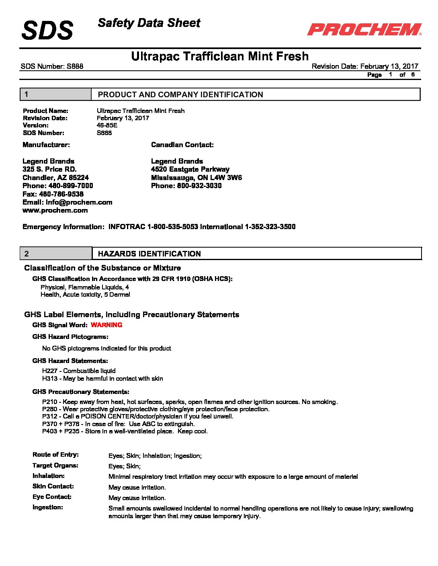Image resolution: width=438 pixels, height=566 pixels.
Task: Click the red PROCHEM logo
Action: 364,29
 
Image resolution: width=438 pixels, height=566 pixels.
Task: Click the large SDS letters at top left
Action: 47,30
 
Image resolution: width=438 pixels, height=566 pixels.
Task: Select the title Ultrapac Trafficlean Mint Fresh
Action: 220,56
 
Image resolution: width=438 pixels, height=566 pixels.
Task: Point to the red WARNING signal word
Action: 106,325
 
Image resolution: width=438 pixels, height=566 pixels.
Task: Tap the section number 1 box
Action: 55,94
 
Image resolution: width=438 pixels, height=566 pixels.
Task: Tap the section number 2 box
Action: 56,254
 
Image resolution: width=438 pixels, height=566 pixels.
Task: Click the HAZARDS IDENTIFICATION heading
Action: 149,254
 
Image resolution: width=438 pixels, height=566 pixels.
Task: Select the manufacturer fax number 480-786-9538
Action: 61,194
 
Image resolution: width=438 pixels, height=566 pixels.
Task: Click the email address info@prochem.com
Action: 79,202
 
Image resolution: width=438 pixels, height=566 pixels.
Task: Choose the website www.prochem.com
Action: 55,210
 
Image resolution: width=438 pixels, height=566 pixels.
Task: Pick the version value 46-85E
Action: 107,125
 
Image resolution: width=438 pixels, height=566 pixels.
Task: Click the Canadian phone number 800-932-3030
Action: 199,186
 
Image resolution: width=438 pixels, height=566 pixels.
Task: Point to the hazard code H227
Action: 49,371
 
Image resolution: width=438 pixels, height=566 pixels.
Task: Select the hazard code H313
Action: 49,379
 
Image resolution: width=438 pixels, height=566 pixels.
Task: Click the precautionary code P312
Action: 49,416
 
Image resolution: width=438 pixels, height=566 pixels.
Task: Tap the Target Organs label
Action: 55,466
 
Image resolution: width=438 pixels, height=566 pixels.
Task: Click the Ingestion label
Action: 48,507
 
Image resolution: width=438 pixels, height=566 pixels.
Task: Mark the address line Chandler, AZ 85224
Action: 55,178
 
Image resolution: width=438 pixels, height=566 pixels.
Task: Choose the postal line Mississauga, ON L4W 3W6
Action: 196,178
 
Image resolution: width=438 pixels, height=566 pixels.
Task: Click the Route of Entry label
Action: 55,455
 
